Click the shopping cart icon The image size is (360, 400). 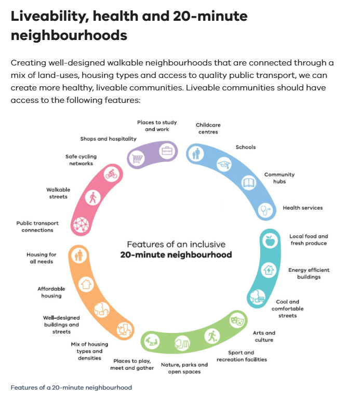click(x=137, y=158)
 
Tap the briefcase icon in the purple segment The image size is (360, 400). click(x=167, y=151)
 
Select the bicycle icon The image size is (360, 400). click(x=112, y=174)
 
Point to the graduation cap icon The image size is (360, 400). click(x=224, y=165)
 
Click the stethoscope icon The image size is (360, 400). click(x=265, y=210)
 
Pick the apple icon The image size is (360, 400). click(x=270, y=240)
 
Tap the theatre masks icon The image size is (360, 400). click(x=237, y=321)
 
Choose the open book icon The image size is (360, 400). click(x=248, y=183)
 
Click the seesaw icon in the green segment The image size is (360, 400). click(x=151, y=341)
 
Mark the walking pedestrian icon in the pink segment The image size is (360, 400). click(x=92, y=198)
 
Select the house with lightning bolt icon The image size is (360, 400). click(x=269, y=270)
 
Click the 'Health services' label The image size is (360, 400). click(x=302, y=208)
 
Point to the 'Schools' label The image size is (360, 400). click(x=245, y=147)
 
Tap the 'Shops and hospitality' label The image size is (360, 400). click(x=108, y=139)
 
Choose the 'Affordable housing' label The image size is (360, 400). click(x=51, y=292)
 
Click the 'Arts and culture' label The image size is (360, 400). click(x=264, y=336)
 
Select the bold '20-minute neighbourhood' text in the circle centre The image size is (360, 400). click(x=176, y=255)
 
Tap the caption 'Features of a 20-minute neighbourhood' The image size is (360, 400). click(x=71, y=388)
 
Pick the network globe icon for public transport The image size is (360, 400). click(x=81, y=225)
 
